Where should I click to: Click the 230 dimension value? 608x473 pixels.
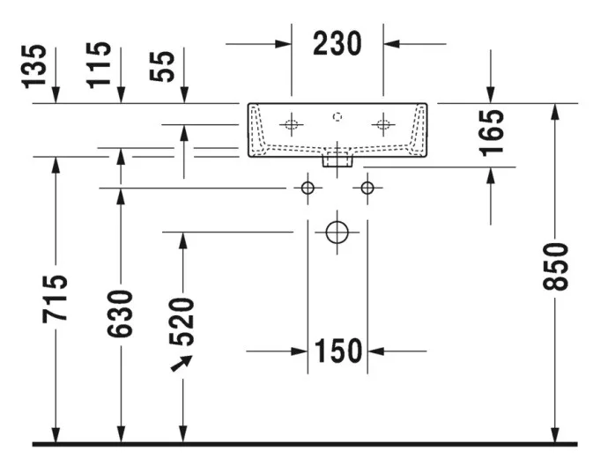[x=337, y=43]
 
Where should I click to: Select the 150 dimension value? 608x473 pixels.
[x=337, y=351]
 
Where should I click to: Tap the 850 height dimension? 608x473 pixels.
[x=555, y=266]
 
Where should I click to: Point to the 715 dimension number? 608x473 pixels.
[x=55, y=299]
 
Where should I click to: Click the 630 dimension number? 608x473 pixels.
[x=120, y=314]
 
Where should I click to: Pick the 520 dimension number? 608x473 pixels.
[x=182, y=321]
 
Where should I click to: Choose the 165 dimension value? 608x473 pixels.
[x=492, y=133]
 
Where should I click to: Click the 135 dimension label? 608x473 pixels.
[x=34, y=67]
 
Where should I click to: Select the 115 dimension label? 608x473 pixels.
[x=99, y=65]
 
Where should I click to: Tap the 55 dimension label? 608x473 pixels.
[x=162, y=66]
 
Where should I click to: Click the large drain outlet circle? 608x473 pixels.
[x=337, y=233]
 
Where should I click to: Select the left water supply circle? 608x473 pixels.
[x=308, y=188]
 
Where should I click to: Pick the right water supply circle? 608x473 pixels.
[x=367, y=188]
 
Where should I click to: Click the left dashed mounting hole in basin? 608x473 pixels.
[x=291, y=124]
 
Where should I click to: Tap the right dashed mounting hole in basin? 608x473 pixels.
[x=383, y=124]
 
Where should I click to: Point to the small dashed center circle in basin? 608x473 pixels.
[x=337, y=116]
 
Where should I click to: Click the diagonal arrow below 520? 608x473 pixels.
[x=182, y=363]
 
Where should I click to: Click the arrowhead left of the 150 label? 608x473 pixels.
[x=300, y=351]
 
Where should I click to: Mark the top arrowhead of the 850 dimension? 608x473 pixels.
[x=555, y=112]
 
